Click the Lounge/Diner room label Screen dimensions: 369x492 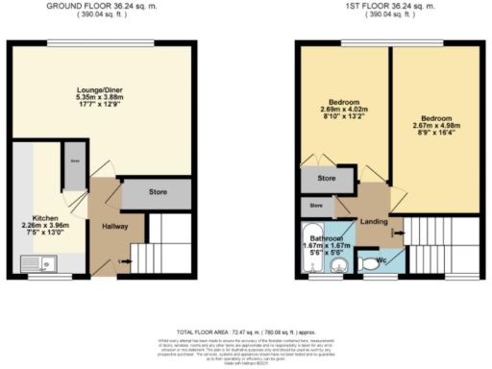tap(100, 92)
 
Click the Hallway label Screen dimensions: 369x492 tap(114, 227)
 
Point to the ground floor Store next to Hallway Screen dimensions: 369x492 tap(157, 192)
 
